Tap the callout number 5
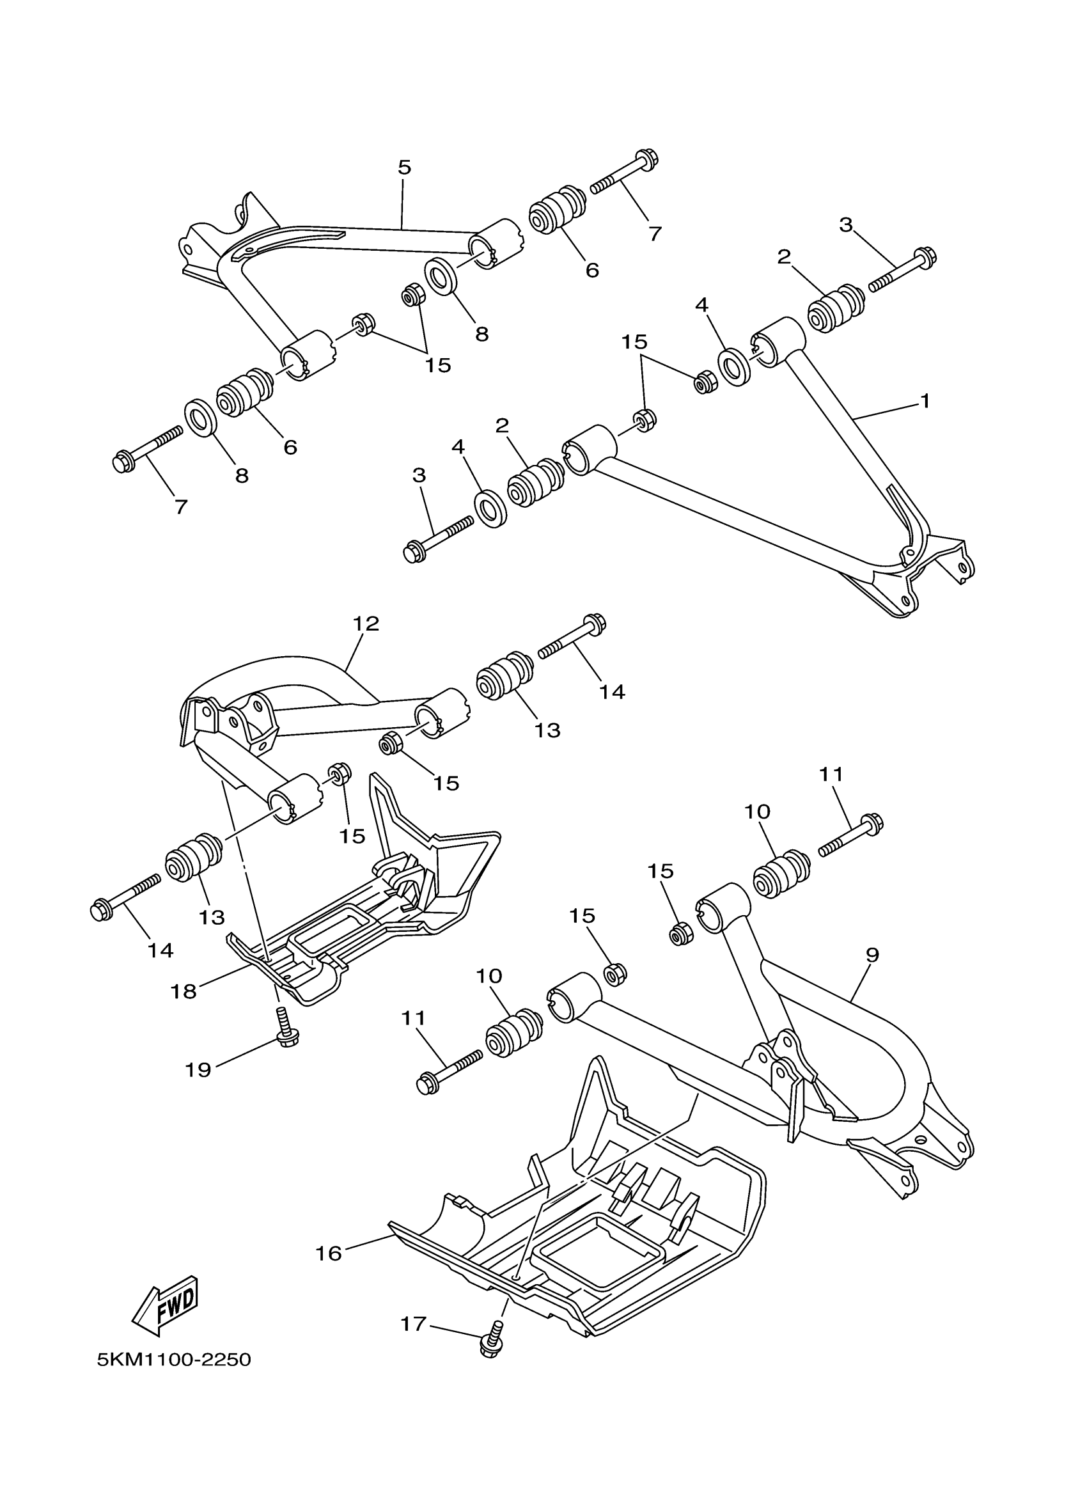(404, 167)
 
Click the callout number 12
(366, 624)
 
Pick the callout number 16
(329, 1253)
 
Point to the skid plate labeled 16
(595, 1224)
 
